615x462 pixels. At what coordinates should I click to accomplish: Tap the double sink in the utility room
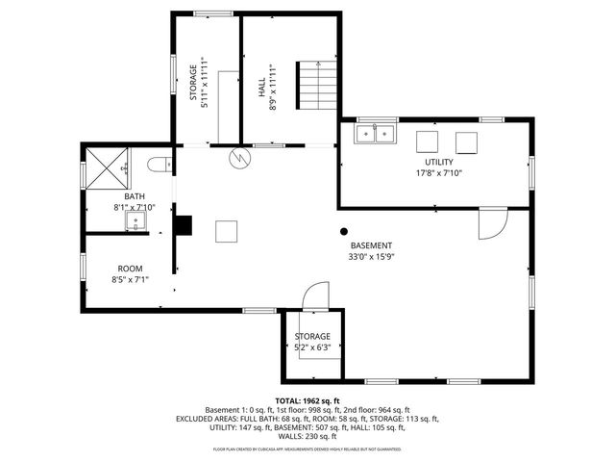click(376, 134)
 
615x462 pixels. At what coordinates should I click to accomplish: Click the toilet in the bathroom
click(160, 165)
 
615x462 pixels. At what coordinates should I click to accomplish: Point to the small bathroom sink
click(135, 221)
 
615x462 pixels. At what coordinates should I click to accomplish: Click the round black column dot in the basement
click(344, 231)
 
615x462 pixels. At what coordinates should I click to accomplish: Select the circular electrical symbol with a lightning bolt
click(238, 156)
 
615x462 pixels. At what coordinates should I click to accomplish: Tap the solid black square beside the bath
click(183, 225)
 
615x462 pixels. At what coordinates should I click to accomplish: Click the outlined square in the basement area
click(226, 231)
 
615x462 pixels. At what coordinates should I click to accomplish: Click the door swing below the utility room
click(490, 223)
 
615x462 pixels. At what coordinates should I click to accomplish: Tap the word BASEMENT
click(371, 245)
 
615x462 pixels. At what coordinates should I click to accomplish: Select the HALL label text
click(261, 89)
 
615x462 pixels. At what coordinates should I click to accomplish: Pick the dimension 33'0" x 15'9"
click(371, 257)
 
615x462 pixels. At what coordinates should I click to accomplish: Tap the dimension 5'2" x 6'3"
click(311, 346)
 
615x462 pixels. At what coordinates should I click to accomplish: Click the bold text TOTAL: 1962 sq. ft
click(307, 400)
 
